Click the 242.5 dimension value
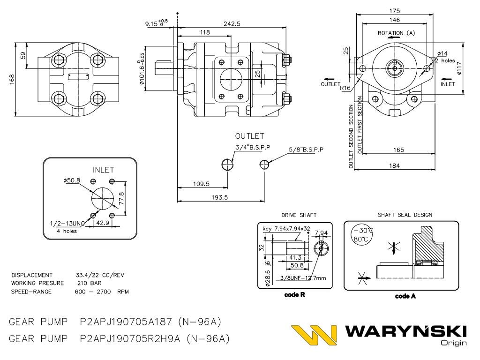pos(232,23)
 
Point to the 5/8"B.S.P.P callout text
pos(307,150)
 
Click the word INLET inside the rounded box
pos(103,170)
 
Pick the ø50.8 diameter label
pos(71,180)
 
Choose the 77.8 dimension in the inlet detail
pos(121,197)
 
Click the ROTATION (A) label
pos(397,33)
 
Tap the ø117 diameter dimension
pos(460,69)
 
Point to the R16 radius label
pos(346,88)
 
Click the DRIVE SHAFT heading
pos(299,215)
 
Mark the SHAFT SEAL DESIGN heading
pos(405,215)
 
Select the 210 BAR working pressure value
pos(89,283)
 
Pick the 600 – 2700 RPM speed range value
pos(102,292)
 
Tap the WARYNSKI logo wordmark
pos(406,332)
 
